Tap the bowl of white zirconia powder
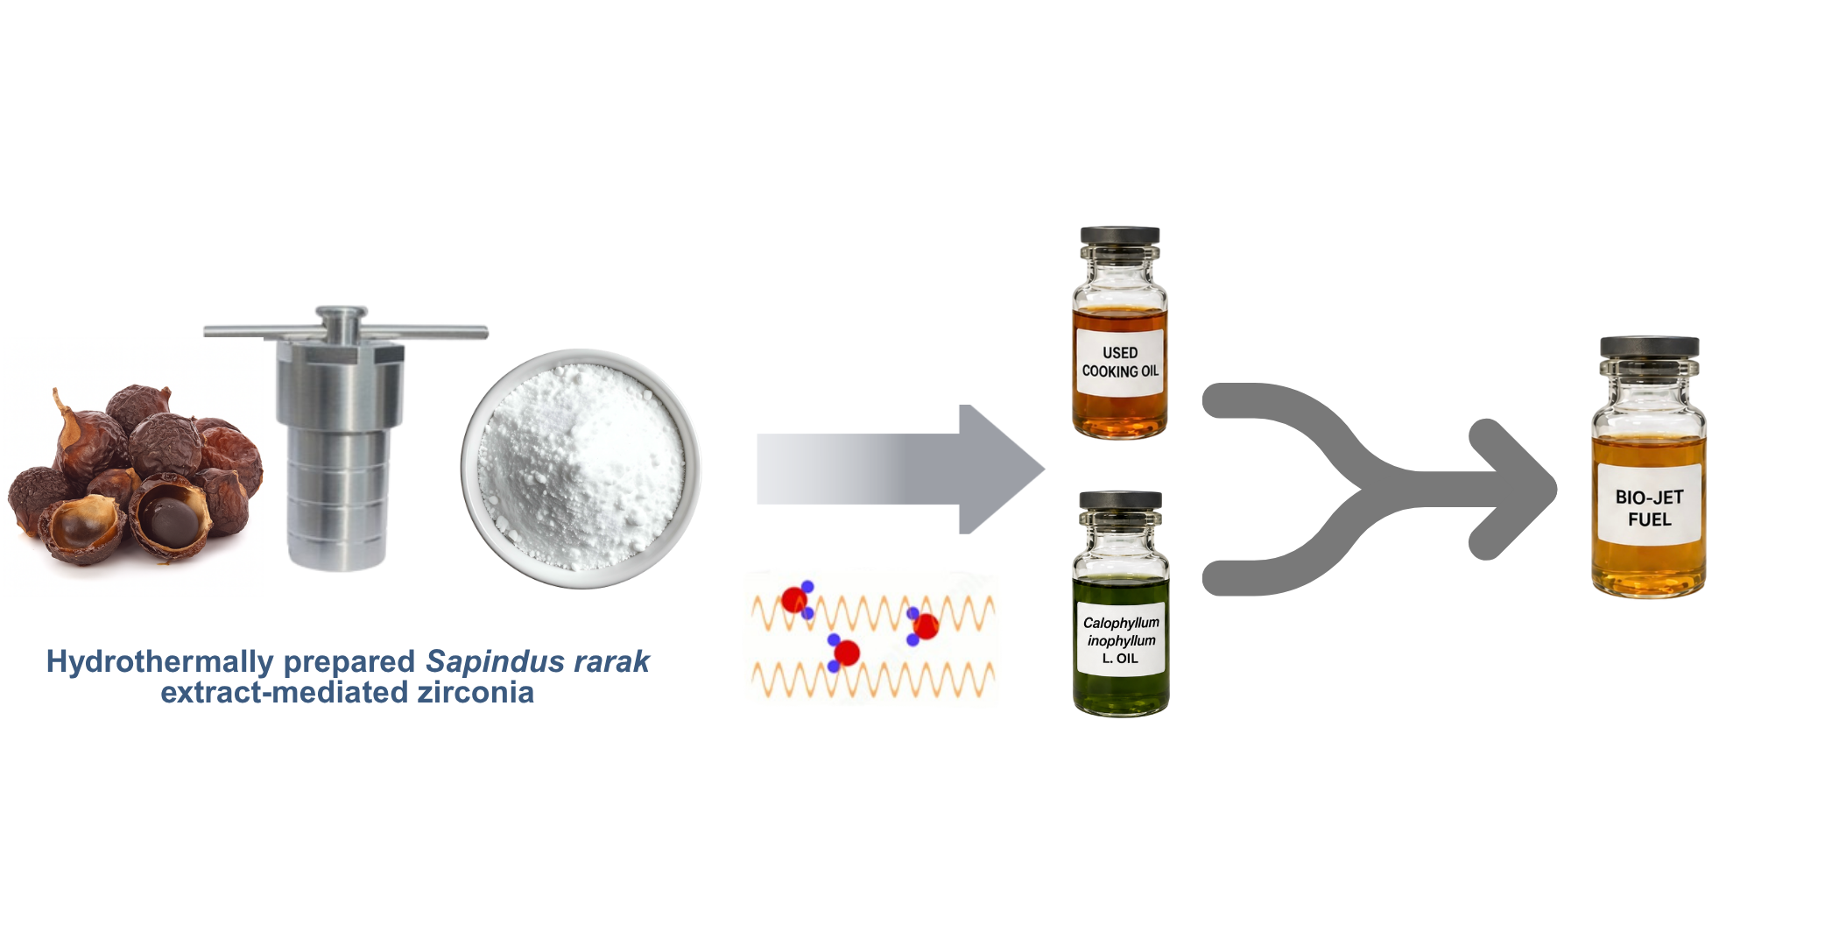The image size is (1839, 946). (x=581, y=469)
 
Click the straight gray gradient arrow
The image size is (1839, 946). (x=900, y=469)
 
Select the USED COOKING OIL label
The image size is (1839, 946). (x=1120, y=362)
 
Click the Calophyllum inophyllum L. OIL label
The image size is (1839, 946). (x=1121, y=639)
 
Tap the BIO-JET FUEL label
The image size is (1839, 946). (x=1649, y=507)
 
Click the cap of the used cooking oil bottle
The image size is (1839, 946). (x=1120, y=236)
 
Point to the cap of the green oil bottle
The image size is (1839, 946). (x=1121, y=500)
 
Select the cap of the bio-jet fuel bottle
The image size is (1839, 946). (x=1650, y=347)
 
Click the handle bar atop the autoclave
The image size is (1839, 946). (x=346, y=332)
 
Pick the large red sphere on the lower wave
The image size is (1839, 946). (x=847, y=653)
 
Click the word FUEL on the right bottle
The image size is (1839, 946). (x=1650, y=519)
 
